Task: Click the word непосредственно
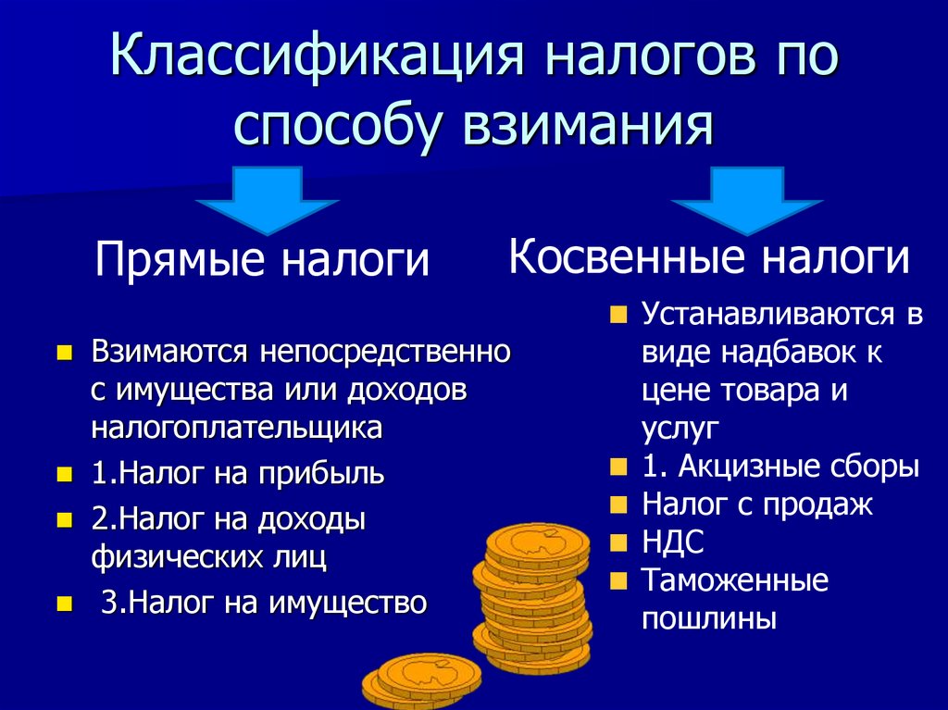pos(386,353)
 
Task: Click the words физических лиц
pos(208,557)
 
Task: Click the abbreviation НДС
pos(673,542)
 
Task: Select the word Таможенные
pos(734,581)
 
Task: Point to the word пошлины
pos(708,617)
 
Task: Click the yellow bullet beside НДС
pos(618,543)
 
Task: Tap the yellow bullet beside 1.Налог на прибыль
pos(64,475)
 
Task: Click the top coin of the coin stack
pos(537,541)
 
